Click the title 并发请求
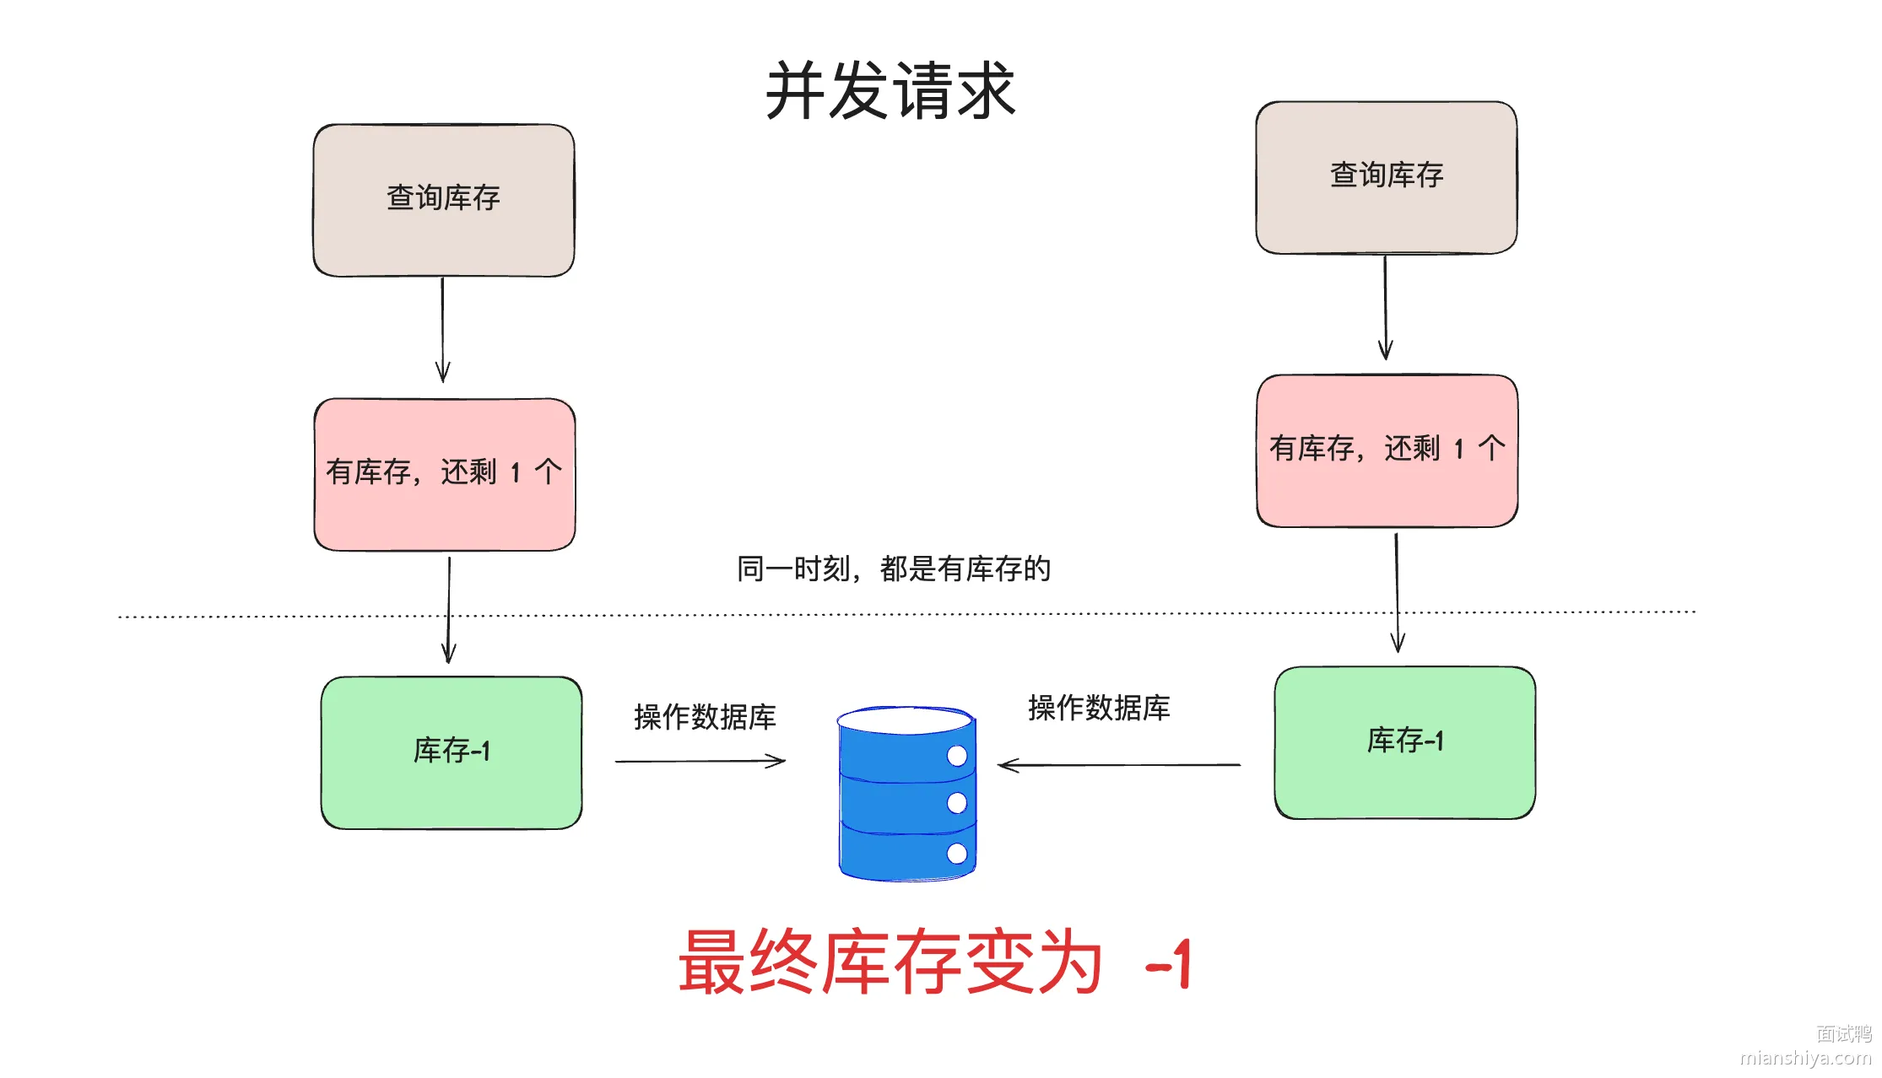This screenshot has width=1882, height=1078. pos(890,90)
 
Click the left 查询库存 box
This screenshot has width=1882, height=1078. pos(444,201)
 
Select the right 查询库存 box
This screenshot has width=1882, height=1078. pos(1387,178)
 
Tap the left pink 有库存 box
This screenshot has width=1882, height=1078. pos(445,475)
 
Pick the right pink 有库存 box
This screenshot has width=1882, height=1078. pos(1387,451)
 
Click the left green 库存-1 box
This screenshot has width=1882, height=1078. pos(452,752)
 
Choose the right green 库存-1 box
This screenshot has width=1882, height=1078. pos(1405,743)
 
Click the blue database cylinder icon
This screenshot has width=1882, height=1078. pos(907,794)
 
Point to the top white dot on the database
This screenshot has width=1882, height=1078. pos(957,755)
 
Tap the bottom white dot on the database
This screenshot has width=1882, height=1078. pos(957,853)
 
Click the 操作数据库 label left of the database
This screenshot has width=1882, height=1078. pos(705,717)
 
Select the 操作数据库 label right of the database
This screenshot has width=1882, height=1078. pos(1099,708)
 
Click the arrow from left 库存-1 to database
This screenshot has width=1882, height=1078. pos(700,762)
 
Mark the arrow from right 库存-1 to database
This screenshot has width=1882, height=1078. pos(1119,765)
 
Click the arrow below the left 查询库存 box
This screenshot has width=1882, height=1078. pos(442,330)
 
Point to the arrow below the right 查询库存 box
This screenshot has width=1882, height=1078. pos(1385,308)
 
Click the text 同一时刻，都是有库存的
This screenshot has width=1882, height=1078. pos(894,569)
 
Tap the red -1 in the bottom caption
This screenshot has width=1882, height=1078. pos(1169,963)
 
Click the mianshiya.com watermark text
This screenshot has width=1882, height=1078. pos(1805,1058)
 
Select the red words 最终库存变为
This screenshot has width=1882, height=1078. pos(890,962)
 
